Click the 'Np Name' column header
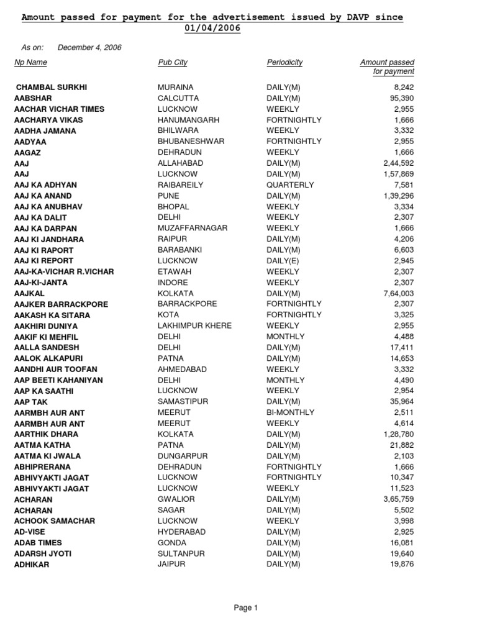pos(30,63)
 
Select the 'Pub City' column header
pos(173,63)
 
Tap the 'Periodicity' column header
pos(284,63)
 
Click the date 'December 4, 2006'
pos(89,47)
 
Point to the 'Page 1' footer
pos(245,608)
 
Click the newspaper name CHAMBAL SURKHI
pos(51,88)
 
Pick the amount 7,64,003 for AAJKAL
pos(398,293)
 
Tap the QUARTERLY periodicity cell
pos(290,185)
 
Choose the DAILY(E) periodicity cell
pos(283,261)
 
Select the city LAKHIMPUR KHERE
pos(195,325)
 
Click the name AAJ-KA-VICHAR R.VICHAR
pos(64,272)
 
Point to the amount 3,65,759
pos(398,499)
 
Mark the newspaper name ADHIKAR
pos(32,565)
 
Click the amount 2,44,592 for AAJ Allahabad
pos(398,163)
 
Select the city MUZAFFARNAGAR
pos(193,229)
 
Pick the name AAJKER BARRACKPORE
pos(61,304)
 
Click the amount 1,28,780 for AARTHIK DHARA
pos(398,434)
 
